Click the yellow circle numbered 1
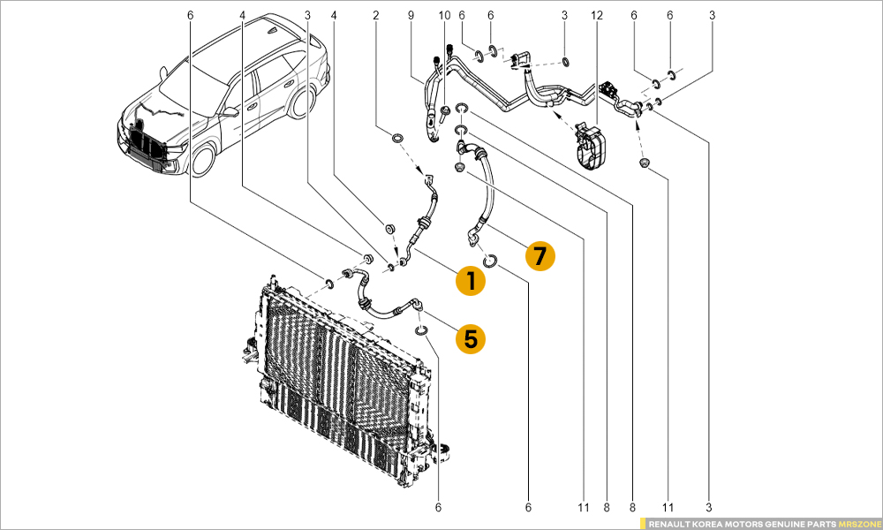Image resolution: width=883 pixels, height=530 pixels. click(x=471, y=281)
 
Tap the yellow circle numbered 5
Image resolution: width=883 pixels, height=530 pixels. click(x=471, y=337)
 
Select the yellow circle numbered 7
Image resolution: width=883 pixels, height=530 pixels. click(x=540, y=256)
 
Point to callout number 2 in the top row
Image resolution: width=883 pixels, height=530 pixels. click(x=376, y=15)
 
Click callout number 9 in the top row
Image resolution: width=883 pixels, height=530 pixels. click(x=410, y=15)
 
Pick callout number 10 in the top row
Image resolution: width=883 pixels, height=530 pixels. click(x=444, y=15)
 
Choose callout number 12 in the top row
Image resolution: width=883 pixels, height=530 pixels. click(x=597, y=15)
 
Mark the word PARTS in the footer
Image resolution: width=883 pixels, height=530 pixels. click(x=820, y=523)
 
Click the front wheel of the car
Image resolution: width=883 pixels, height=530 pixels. click(x=204, y=160)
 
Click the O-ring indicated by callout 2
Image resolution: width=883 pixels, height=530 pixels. click(x=396, y=138)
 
